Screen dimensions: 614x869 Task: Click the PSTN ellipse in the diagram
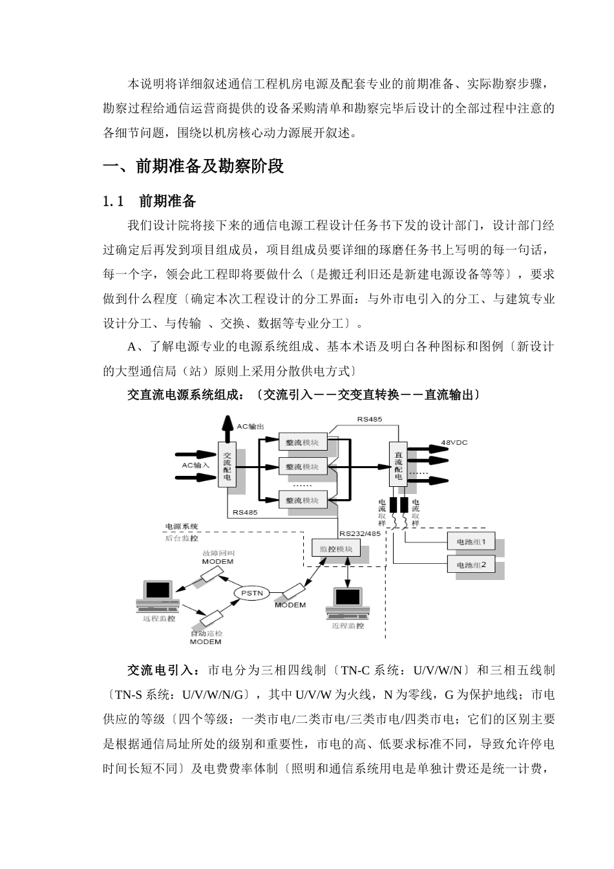[252, 593]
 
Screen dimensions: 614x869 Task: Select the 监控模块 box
[336, 550]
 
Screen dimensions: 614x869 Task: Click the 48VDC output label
[454, 442]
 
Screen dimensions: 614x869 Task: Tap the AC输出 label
[250, 426]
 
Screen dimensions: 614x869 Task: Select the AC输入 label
[195, 465]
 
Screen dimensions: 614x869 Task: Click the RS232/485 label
[360, 533]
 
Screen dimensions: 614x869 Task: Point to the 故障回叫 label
[218, 553]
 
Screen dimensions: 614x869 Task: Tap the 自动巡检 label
[206, 633]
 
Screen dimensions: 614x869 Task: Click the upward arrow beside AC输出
[228, 429]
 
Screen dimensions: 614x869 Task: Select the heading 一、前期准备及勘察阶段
[194, 167]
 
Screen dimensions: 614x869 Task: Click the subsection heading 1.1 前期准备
[149, 201]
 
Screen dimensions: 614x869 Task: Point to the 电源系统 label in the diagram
[182, 527]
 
